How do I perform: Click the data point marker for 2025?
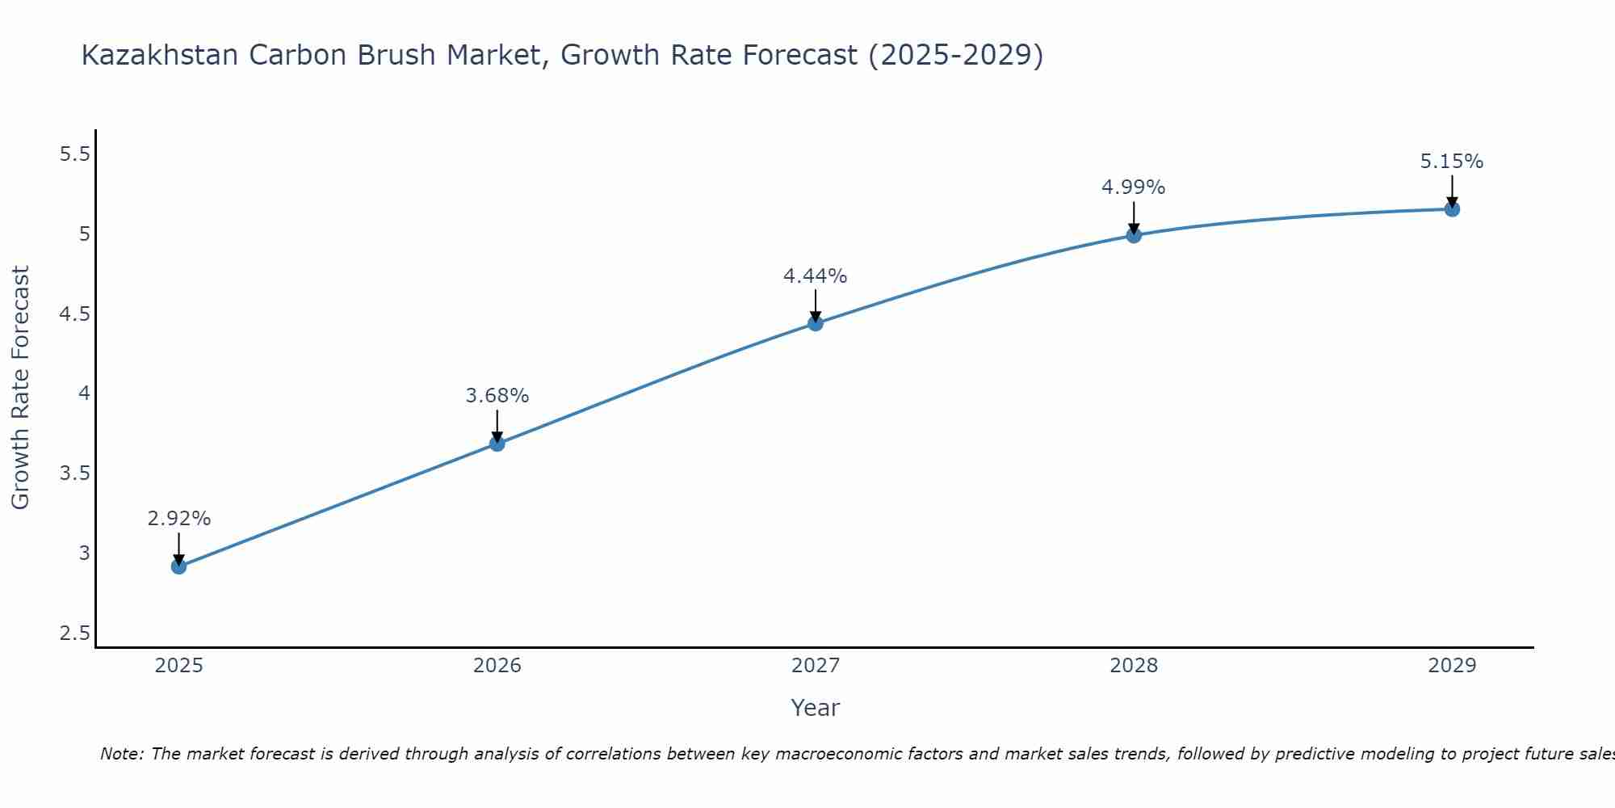click(179, 566)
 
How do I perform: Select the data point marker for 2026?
click(497, 444)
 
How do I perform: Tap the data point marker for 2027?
click(816, 323)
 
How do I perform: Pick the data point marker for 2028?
click(1134, 235)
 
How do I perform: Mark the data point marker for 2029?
click(1452, 209)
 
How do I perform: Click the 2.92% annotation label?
click(179, 519)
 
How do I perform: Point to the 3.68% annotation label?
click(497, 396)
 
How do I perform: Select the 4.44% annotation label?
click(816, 276)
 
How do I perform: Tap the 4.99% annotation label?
click(1134, 187)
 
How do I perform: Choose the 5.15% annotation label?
click(1452, 162)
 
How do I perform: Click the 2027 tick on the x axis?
click(816, 666)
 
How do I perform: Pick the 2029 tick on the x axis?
click(1452, 666)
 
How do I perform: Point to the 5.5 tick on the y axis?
click(75, 154)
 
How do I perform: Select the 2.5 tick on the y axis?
click(75, 633)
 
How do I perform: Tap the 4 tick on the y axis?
click(84, 393)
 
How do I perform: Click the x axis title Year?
click(816, 708)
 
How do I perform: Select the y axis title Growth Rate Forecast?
click(20, 388)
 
